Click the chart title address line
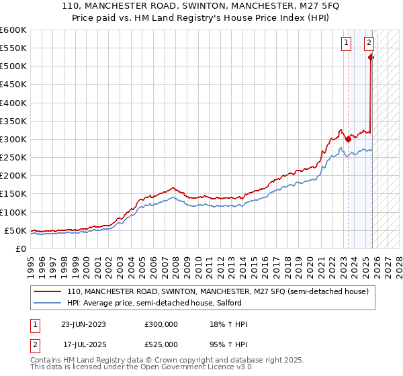pos(201,7)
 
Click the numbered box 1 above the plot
pos(347,43)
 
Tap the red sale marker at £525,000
pos(371,58)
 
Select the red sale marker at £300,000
pos(348,139)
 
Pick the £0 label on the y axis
pos(20,248)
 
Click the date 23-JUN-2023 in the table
pos(83,324)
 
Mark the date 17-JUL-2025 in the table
pos(85,344)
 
